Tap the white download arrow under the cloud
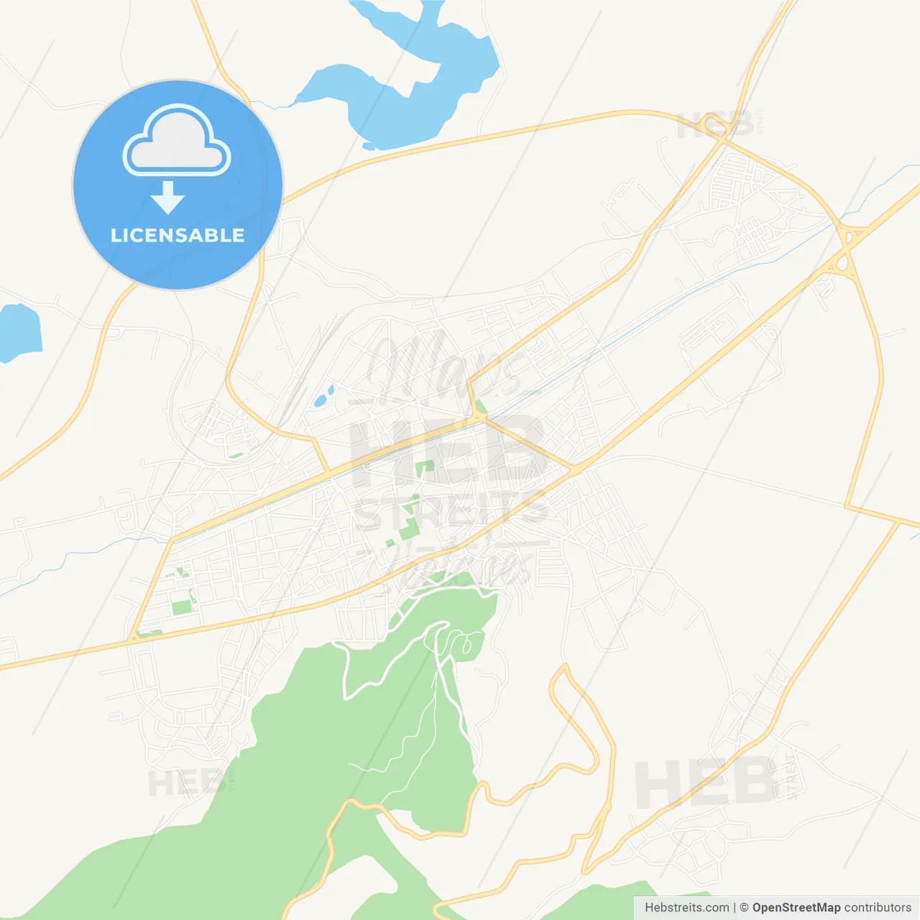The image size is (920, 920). pyautogui.click(x=167, y=197)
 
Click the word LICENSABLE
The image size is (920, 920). pyautogui.click(x=178, y=235)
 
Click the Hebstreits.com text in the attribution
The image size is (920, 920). pyautogui.click(x=686, y=908)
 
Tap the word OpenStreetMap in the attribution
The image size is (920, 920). pyautogui.click(x=796, y=908)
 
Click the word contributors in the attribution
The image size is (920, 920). pyautogui.click(x=878, y=908)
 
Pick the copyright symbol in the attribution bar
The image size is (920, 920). pyautogui.click(x=744, y=908)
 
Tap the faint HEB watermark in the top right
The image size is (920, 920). pyautogui.click(x=715, y=125)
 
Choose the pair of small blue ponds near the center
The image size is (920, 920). pyautogui.click(x=323, y=396)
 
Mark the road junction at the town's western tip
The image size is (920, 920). pyautogui.click(x=133, y=638)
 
